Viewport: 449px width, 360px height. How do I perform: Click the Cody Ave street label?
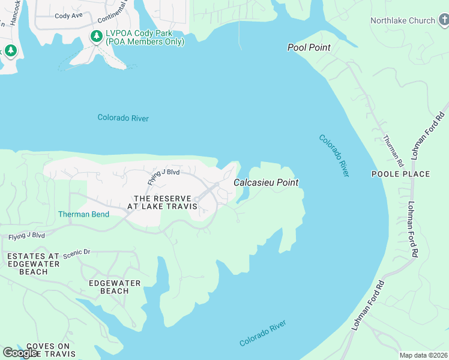coord(68,16)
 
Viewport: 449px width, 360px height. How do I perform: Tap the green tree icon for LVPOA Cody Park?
coord(96,37)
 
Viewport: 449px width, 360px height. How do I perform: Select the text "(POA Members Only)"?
coord(145,42)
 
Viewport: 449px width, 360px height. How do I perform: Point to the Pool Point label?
coord(309,47)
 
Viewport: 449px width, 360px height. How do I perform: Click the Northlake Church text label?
coord(402,20)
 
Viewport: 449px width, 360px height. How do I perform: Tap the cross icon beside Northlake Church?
coord(443,20)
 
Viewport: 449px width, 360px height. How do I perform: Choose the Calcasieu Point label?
coord(265,182)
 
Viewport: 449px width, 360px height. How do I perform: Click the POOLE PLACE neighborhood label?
coord(400,174)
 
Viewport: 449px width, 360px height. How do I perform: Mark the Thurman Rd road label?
coord(393,149)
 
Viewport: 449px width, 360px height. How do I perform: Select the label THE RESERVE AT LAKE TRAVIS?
coord(162,202)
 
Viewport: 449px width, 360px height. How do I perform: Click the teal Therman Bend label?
coord(83,214)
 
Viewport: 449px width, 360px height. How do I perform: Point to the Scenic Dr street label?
coord(76,253)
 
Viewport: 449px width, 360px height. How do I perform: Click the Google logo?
coord(20,353)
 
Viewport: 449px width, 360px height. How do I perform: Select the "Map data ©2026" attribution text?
coord(423,355)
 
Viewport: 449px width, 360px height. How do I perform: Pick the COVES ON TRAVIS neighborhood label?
coord(48,350)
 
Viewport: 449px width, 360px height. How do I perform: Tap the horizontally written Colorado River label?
coord(123,118)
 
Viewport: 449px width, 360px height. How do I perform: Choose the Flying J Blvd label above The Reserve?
coord(164,176)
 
